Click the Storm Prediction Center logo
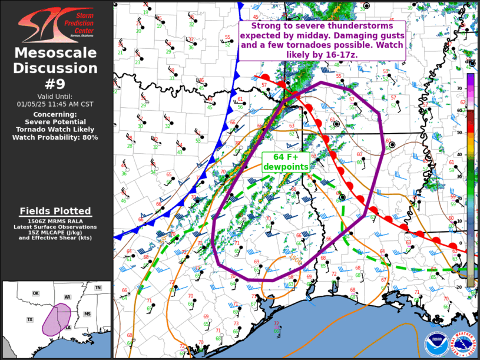coord(56,24)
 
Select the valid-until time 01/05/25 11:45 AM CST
coord(56,104)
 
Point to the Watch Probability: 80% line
coord(56,137)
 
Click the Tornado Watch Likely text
coord(56,129)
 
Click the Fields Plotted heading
coord(56,211)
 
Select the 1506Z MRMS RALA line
coord(56,222)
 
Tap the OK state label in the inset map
coord(35,293)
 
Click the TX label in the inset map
coord(29,319)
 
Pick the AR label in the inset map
coord(68,297)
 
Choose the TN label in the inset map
coord(98,288)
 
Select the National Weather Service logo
coord(462,344)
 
